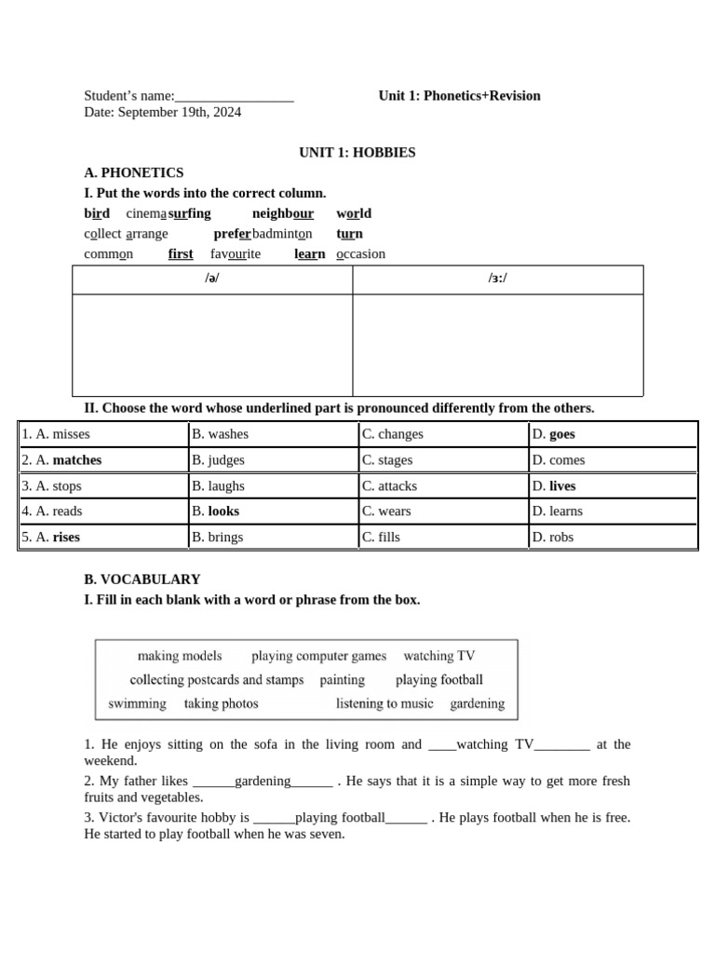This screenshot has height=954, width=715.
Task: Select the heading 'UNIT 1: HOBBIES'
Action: pos(357,152)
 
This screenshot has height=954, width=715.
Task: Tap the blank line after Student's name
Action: pos(235,96)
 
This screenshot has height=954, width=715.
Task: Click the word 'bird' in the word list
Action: pos(97,213)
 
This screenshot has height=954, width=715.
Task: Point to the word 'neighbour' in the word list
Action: pos(283,213)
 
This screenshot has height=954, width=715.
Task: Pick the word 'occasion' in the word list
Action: pos(360,253)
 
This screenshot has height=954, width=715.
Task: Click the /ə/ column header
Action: pos(212,279)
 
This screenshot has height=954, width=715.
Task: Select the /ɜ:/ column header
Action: pos(498,279)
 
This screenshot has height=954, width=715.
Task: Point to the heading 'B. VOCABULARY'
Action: pos(142,579)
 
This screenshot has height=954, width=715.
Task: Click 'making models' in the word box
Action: pos(180,656)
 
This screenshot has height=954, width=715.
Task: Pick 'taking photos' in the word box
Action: pos(222,703)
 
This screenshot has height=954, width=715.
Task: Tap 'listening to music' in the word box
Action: pos(384,703)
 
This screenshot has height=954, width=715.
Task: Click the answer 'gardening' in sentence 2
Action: pos(263,781)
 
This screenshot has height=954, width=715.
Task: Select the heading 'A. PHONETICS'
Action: pos(134,172)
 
